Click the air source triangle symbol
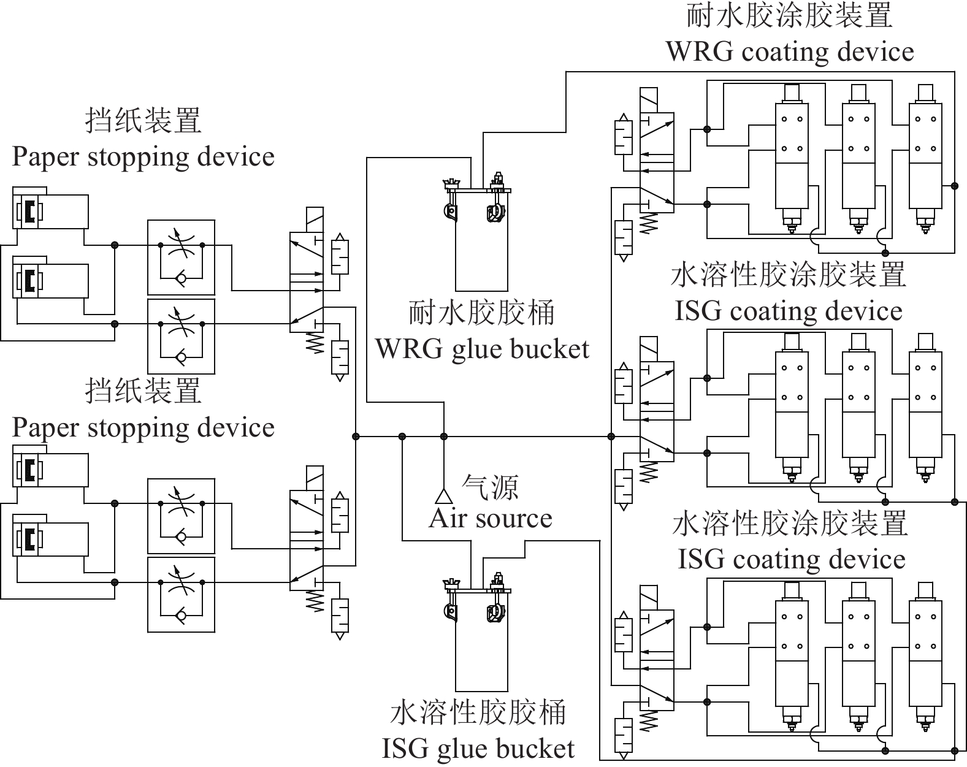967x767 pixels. pos(443,495)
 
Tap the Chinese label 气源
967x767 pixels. pos(490,488)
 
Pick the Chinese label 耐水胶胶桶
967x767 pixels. pos(482,314)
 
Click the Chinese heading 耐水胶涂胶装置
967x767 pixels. pos(789,16)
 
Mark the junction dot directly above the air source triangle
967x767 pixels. pos(443,437)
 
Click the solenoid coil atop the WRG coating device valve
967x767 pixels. pos(648,100)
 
